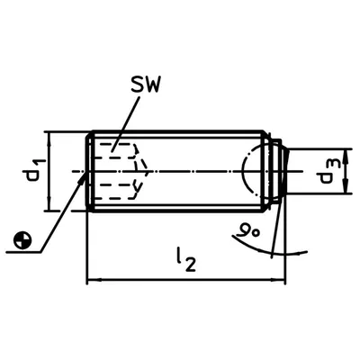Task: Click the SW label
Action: [x=145, y=85]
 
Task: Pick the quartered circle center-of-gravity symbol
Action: [x=22, y=240]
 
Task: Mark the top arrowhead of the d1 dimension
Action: [x=49, y=139]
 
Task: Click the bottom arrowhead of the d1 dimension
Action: [x=49, y=203]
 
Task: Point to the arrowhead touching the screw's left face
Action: [x=82, y=178]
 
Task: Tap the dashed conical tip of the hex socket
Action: [x=141, y=171]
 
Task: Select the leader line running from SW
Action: [x=125, y=124]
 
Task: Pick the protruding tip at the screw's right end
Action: [x=280, y=170]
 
